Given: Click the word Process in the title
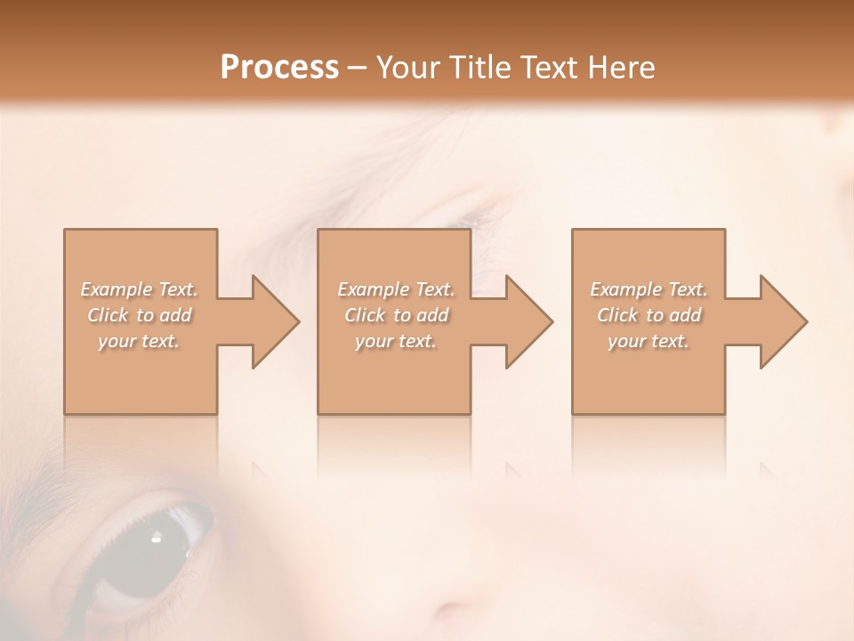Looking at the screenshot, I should pyautogui.click(x=279, y=68).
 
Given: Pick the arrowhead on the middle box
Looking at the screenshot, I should pyautogui.click(x=528, y=321).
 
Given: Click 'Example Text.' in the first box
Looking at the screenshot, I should pyautogui.click(x=140, y=289).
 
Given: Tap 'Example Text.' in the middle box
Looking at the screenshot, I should pyautogui.click(x=396, y=289).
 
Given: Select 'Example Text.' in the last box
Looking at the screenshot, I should pyautogui.click(x=649, y=289).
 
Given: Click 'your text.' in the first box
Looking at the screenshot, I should pyautogui.click(x=140, y=341).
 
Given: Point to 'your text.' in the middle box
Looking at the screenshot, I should pyautogui.click(x=396, y=341).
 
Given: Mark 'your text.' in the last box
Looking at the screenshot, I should pyautogui.click(x=649, y=341).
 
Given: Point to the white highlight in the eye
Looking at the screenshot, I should pyautogui.click(x=157, y=536).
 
